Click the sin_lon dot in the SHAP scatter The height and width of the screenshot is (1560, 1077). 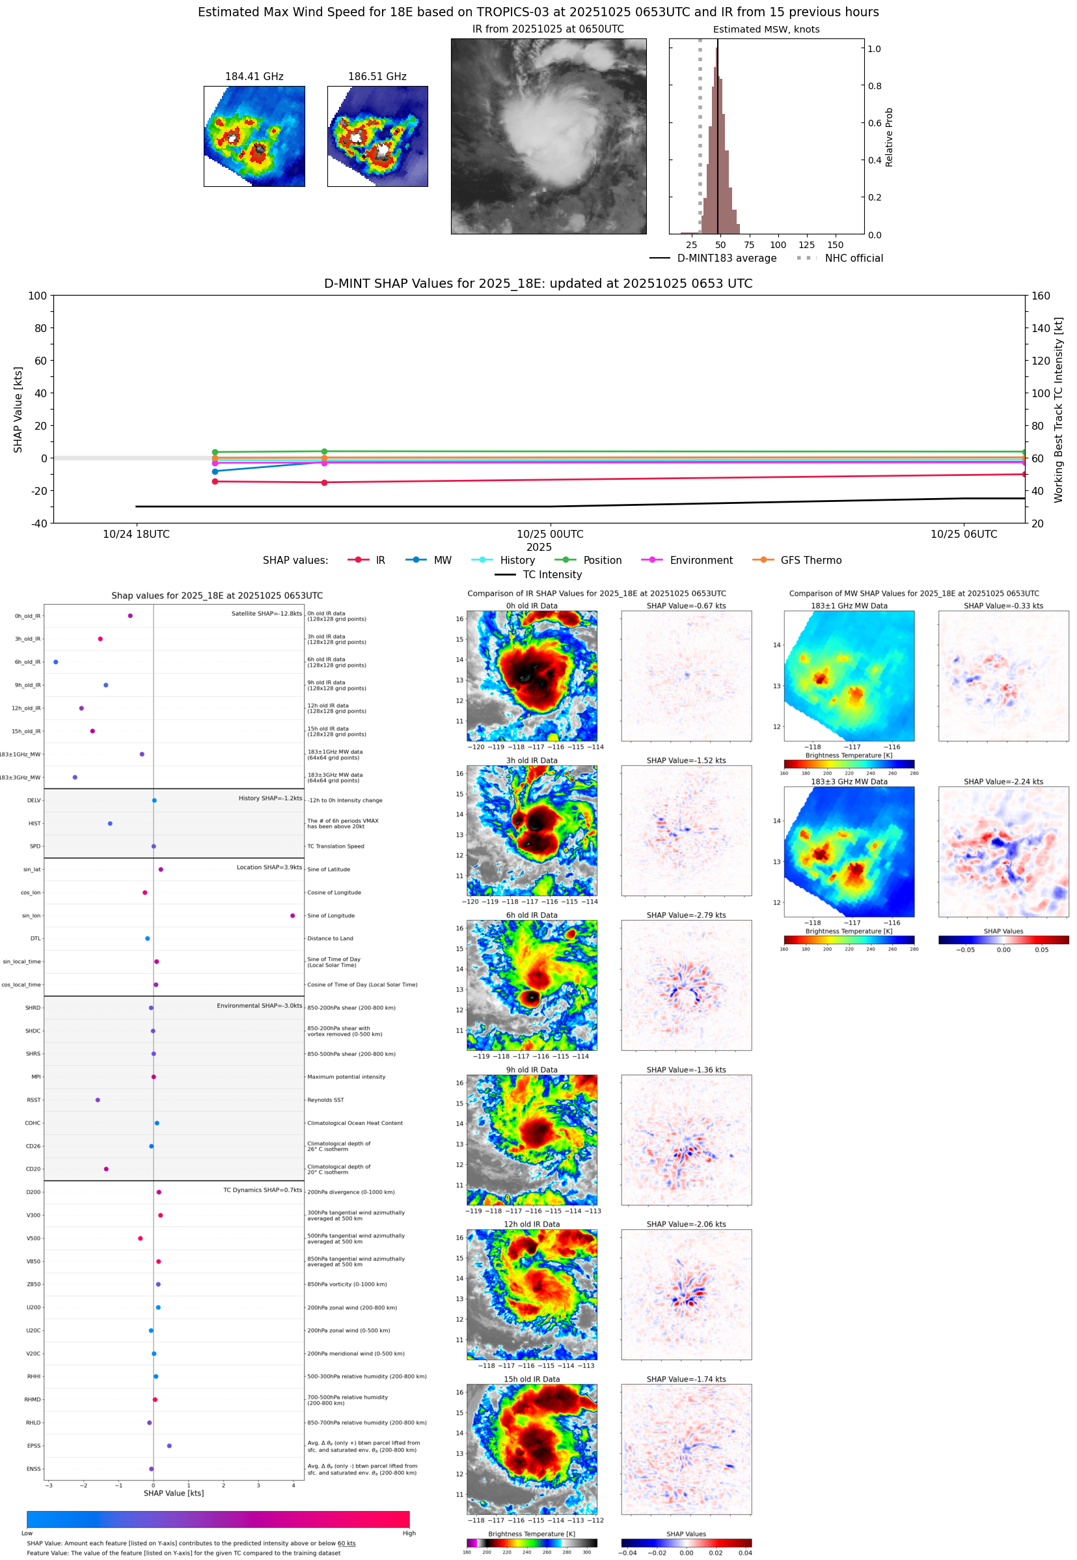292,915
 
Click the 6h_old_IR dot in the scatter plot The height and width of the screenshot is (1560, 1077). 56,662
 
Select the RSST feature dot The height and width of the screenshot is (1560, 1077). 98,1100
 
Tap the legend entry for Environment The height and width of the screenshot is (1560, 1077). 700,561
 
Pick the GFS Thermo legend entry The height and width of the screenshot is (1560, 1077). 810,561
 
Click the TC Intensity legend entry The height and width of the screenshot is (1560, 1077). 551,574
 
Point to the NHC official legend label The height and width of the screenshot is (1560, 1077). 853,258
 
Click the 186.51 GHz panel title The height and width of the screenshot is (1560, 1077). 377,76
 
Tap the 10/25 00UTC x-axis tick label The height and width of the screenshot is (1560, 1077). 550,534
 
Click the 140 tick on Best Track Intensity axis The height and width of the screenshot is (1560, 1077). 1041,328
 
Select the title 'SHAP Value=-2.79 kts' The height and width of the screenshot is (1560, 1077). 686,915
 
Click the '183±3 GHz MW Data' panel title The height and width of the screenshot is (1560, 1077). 849,782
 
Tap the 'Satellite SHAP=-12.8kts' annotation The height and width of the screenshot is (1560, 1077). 267,613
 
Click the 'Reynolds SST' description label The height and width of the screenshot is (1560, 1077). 325,1100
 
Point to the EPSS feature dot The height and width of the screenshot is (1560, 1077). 169,1445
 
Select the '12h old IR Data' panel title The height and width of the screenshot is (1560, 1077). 532,1224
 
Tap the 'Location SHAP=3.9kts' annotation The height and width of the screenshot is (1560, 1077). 269,867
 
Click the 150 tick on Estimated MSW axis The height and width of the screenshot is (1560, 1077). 835,245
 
